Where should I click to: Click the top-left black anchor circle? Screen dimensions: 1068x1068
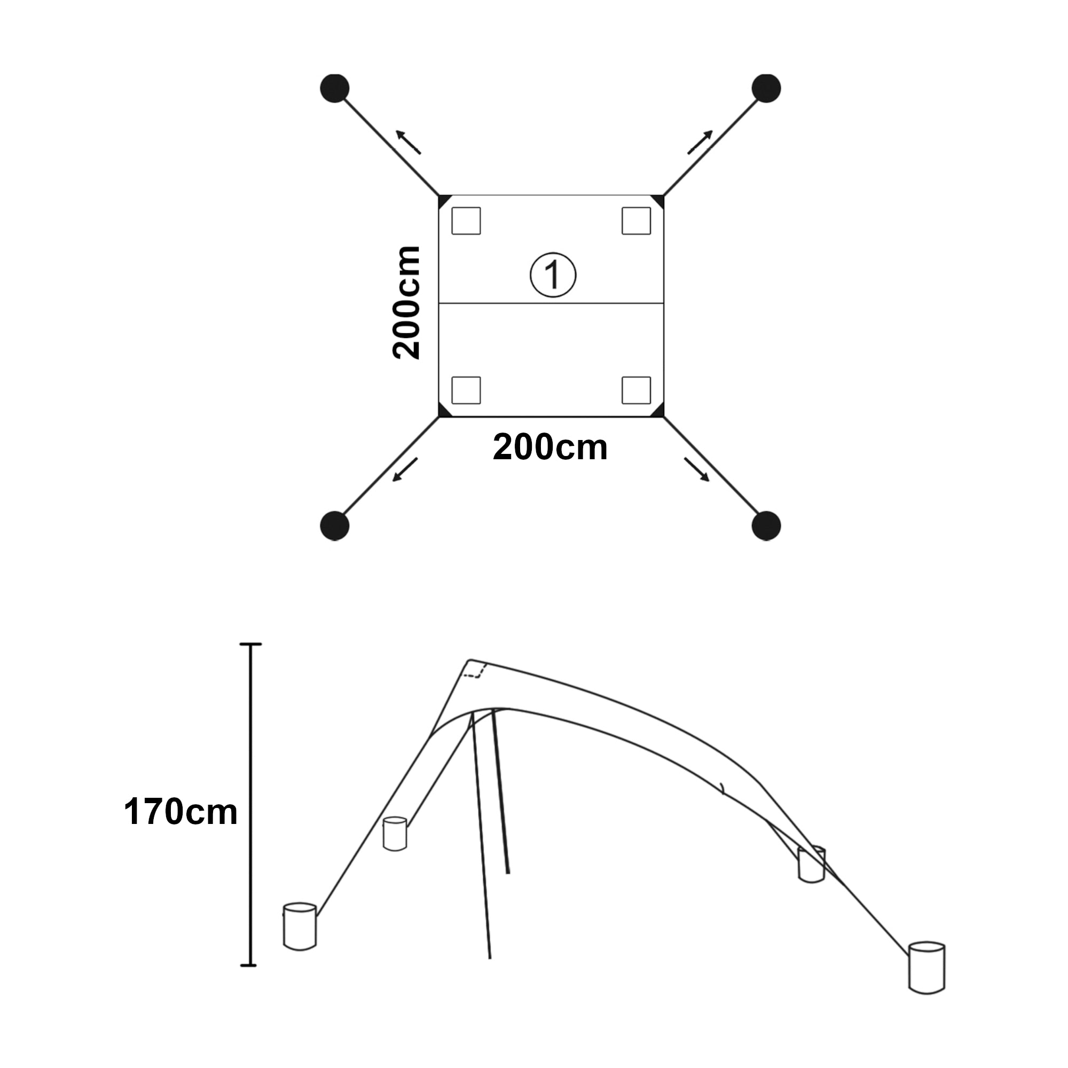click(334, 89)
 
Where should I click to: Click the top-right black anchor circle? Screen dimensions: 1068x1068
click(766, 89)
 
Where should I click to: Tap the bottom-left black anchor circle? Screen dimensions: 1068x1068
click(334, 525)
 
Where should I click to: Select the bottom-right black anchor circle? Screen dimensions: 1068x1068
click(766, 525)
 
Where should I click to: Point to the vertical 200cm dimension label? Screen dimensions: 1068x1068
click(406, 303)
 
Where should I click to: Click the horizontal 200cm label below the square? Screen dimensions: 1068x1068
click(550, 446)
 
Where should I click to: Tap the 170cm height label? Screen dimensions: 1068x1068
click(180, 812)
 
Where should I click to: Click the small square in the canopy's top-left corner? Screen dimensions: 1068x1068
click(466, 221)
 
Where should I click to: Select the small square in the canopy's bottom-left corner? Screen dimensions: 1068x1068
click(466, 390)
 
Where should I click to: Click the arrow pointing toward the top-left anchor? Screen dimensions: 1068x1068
click(408, 142)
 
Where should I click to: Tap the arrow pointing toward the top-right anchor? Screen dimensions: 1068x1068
click(700, 142)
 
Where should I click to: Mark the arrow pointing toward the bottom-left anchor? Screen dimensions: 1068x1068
click(405, 470)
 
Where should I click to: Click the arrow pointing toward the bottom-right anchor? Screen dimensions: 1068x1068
click(696, 470)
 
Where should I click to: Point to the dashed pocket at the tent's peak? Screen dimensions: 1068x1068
click(474, 670)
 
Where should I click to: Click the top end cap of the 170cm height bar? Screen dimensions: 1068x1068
click(250, 644)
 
